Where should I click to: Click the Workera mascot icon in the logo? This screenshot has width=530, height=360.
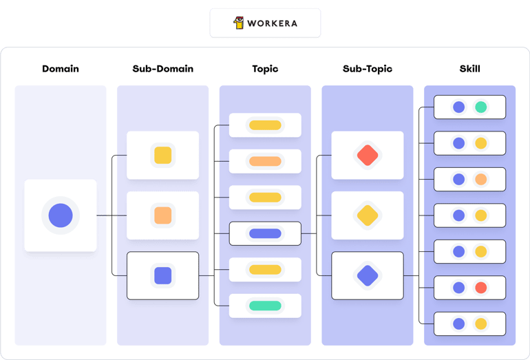pyautogui.click(x=239, y=23)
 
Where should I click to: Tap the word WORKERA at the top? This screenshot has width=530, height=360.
pyautogui.click(x=272, y=23)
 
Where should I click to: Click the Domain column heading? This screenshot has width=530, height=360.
pyautogui.click(x=61, y=69)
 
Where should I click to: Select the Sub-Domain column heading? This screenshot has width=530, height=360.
pyautogui.click(x=163, y=69)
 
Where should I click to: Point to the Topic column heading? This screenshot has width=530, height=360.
pyautogui.click(x=265, y=69)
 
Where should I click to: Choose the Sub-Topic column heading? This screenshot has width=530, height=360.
pyautogui.click(x=368, y=69)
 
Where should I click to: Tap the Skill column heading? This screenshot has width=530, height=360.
pyautogui.click(x=470, y=69)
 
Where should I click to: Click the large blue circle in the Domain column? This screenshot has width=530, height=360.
pyautogui.click(x=61, y=215)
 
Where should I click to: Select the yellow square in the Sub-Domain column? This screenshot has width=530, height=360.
pyautogui.click(x=163, y=155)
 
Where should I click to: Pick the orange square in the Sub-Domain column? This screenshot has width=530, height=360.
pyautogui.click(x=163, y=215)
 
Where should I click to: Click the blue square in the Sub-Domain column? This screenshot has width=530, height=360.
pyautogui.click(x=163, y=275)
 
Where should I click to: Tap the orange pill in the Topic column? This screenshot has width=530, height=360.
pyautogui.click(x=265, y=161)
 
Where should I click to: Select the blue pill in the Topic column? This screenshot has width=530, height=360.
pyautogui.click(x=265, y=233)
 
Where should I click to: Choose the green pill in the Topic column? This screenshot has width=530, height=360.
pyautogui.click(x=265, y=306)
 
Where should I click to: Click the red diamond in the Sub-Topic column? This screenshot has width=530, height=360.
pyautogui.click(x=368, y=155)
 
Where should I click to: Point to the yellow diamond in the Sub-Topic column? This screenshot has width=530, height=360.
pyautogui.click(x=368, y=215)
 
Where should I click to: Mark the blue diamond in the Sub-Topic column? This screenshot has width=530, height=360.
pyautogui.click(x=368, y=275)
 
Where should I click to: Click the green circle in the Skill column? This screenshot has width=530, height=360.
pyautogui.click(x=480, y=107)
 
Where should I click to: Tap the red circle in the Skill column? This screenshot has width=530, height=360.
pyautogui.click(x=480, y=288)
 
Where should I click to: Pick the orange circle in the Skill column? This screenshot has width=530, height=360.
pyautogui.click(x=480, y=179)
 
